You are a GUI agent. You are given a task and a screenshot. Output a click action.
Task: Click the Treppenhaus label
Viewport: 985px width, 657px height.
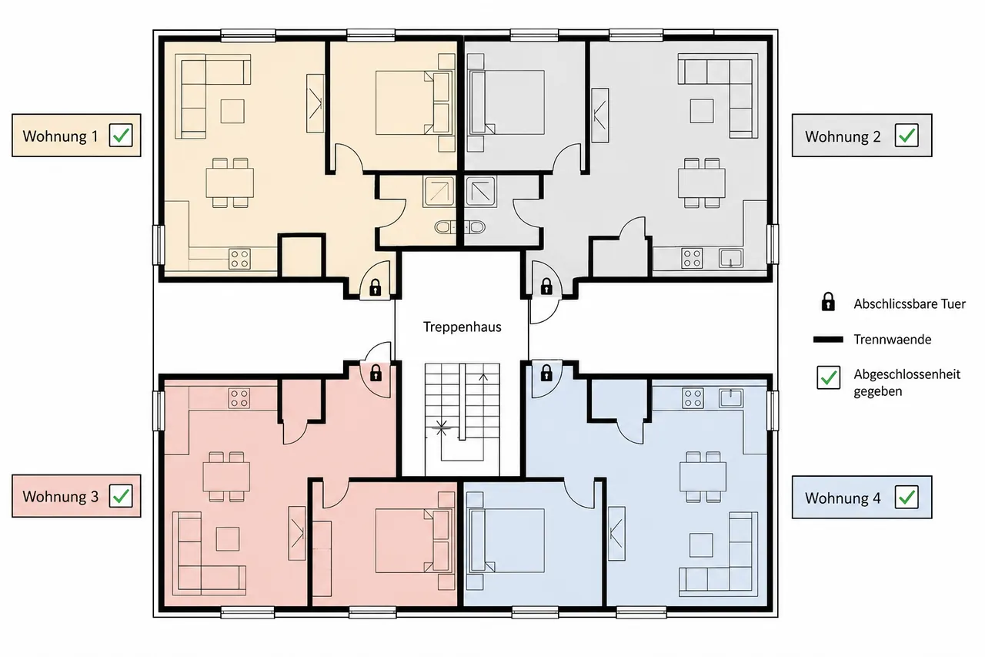click(462, 327)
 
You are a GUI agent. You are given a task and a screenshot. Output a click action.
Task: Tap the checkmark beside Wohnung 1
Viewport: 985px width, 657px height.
click(121, 135)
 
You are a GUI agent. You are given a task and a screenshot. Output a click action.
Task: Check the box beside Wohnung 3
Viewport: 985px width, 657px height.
click(121, 496)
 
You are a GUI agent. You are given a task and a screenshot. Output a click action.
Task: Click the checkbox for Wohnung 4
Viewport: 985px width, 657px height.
click(907, 498)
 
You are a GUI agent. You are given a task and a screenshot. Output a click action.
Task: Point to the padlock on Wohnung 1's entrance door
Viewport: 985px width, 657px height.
click(375, 287)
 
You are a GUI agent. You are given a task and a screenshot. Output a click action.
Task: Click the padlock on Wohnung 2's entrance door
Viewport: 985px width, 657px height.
click(546, 286)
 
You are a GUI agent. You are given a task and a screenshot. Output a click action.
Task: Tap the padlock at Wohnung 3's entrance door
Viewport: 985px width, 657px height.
click(376, 373)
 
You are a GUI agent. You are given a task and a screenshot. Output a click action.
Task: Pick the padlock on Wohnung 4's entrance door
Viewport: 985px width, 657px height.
click(546, 372)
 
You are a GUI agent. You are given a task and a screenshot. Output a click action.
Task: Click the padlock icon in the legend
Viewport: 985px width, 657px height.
click(828, 302)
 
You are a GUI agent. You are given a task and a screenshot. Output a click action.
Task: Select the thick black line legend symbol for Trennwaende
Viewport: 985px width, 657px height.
click(828, 339)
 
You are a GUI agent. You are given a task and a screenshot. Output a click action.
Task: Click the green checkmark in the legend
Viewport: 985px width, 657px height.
click(829, 377)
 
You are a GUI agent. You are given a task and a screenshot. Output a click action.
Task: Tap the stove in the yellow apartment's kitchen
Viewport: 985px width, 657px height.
click(239, 259)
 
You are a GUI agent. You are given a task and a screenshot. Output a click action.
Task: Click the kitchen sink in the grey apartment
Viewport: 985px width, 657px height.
click(731, 258)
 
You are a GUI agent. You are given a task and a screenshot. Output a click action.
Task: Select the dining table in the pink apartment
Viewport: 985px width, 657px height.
click(226, 477)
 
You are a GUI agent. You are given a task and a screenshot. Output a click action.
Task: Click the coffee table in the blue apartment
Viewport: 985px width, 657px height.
click(701, 545)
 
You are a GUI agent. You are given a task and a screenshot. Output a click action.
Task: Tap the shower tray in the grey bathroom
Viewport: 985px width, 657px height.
click(481, 191)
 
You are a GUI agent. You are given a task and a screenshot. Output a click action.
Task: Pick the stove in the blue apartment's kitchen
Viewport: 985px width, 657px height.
click(693, 397)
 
